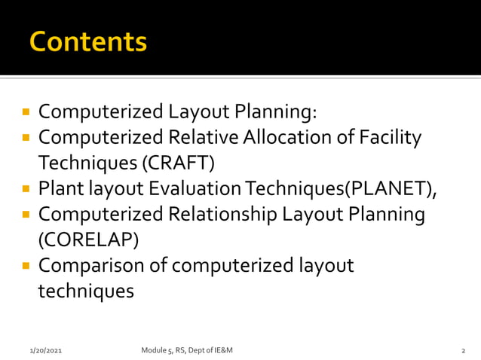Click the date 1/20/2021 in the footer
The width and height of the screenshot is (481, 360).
(x=46, y=351)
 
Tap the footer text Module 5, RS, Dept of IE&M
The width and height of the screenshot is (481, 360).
(x=187, y=350)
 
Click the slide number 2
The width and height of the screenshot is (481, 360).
(x=463, y=351)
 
